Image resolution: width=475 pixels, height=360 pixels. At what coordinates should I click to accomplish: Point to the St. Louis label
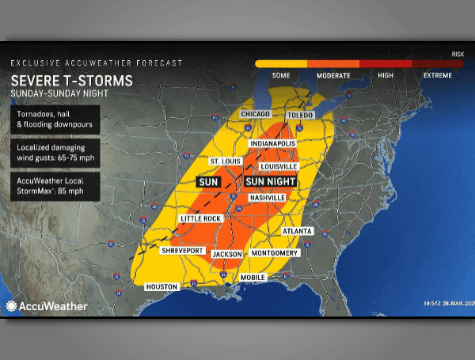tap(224, 161)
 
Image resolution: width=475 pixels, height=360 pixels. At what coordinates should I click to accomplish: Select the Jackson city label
tap(227, 254)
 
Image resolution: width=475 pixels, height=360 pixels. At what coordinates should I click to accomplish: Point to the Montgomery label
tap(274, 253)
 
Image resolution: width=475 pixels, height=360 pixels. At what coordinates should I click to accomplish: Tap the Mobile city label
tap(253, 278)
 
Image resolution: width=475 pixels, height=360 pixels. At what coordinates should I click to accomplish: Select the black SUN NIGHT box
tap(271, 182)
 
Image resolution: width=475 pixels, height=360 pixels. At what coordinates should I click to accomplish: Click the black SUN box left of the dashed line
tap(208, 182)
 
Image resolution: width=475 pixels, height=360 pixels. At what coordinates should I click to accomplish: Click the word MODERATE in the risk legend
tap(333, 75)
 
